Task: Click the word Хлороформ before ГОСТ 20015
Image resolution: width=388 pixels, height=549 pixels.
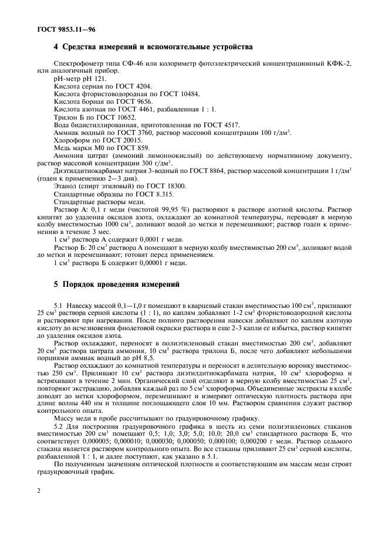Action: [72, 140]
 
